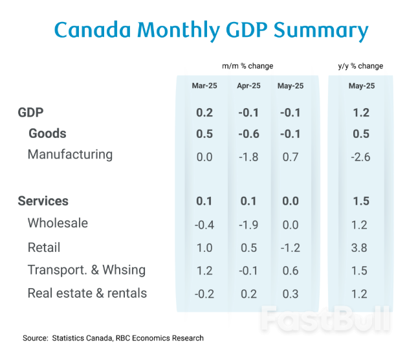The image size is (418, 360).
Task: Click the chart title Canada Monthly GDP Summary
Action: [211, 30]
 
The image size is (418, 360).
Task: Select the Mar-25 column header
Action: [204, 86]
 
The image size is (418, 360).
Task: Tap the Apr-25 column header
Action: [248, 86]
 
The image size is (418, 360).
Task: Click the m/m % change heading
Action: [247, 66]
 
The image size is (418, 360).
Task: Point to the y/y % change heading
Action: [360, 66]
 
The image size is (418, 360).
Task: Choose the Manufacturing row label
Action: [70, 155]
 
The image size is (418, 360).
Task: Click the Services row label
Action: [43, 201]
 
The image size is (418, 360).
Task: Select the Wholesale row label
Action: [58, 223]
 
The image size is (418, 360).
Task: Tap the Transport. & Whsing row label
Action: [86, 270]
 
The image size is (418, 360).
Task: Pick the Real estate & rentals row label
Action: [87, 293]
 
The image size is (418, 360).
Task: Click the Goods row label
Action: [47, 133]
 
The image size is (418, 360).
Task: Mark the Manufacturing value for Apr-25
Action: [248, 155]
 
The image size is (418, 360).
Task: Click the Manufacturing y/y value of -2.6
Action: [360, 155]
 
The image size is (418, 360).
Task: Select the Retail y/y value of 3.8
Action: [360, 247]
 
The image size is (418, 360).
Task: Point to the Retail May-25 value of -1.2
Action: [290, 247]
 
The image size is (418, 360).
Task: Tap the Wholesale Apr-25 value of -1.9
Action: [248, 224]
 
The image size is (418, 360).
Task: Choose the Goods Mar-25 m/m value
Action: [204, 133]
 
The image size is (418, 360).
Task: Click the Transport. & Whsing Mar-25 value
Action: [204, 271]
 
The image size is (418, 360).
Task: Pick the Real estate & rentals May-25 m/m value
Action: [291, 294]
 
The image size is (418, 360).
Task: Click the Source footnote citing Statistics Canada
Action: [113, 338]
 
